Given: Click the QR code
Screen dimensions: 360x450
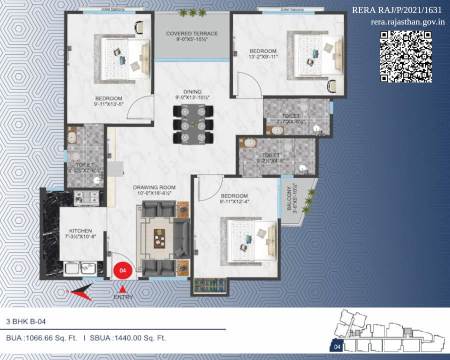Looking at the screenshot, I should [x=406, y=56].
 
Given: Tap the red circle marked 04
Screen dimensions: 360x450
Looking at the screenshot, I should [x=122, y=270].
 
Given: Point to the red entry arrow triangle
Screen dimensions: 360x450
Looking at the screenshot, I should [x=122, y=288].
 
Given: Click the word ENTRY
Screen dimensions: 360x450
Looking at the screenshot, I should [x=123, y=297].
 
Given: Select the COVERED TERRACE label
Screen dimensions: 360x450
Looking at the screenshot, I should [x=192, y=34].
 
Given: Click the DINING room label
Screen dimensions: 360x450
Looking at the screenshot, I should [x=192, y=92].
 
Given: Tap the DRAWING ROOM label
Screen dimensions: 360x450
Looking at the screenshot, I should [x=154, y=188].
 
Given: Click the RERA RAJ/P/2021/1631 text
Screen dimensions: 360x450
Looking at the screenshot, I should [x=397, y=10].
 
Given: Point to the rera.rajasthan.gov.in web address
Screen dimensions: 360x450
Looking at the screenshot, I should [x=408, y=22].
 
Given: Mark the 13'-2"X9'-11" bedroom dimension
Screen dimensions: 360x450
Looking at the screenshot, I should [x=263, y=57].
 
